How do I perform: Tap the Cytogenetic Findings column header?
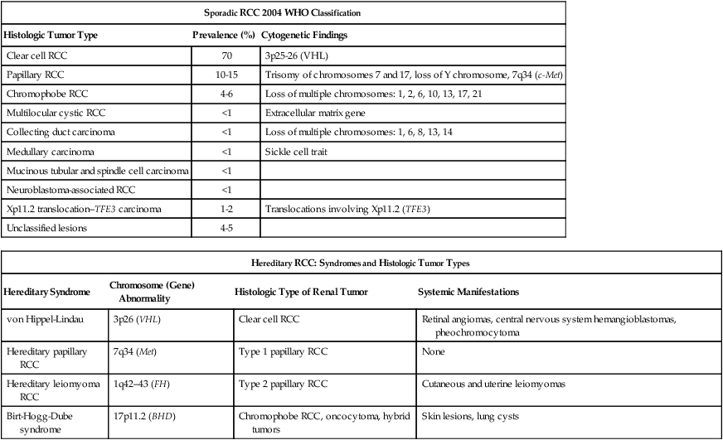tap(303, 36)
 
